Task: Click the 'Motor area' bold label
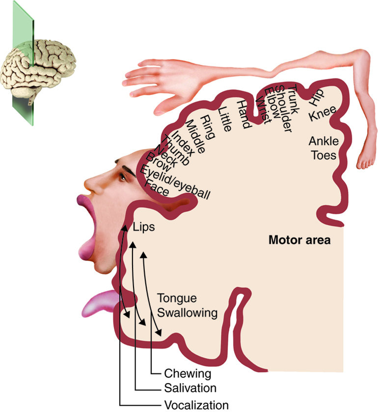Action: tap(299, 241)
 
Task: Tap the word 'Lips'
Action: tap(144, 228)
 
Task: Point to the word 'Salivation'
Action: tap(190, 388)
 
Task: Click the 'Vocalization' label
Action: tap(196, 405)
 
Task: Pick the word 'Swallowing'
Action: tap(187, 312)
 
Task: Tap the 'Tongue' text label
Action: tap(177, 299)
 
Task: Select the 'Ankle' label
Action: tap(324, 142)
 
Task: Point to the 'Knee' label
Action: tap(322, 115)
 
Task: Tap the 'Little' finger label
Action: tap(225, 118)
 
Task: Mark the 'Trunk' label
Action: tap(293, 100)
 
